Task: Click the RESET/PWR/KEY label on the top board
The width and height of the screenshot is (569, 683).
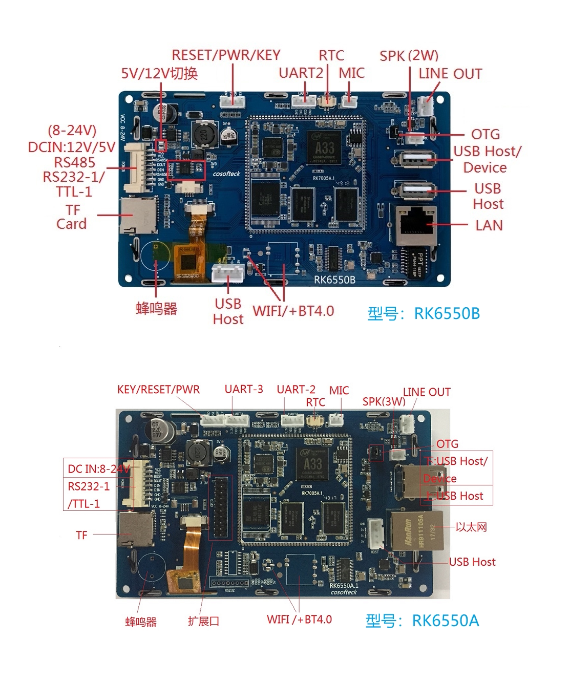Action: [x=226, y=55]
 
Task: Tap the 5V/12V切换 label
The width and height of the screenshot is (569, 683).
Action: [x=159, y=73]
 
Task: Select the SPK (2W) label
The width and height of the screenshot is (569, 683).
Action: [x=409, y=56]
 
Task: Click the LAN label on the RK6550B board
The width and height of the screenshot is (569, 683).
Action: [x=489, y=225]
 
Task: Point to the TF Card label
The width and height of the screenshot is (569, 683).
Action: [x=72, y=217]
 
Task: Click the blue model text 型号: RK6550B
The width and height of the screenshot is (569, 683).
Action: [x=424, y=313]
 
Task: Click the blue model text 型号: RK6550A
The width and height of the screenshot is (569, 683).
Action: [x=422, y=621]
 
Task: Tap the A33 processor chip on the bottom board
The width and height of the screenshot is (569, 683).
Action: [x=312, y=466]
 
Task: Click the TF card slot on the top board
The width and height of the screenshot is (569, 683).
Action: [x=137, y=216]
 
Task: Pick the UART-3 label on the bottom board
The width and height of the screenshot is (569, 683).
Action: [x=244, y=389]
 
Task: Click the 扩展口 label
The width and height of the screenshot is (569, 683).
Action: [x=203, y=621]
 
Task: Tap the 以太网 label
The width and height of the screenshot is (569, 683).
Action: [x=471, y=527]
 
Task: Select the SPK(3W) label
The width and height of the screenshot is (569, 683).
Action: [x=384, y=402]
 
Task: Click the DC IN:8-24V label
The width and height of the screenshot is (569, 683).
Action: [x=98, y=468]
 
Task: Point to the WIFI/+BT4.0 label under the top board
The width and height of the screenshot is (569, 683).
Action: [x=293, y=311]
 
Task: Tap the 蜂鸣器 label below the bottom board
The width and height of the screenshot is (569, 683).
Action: [x=141, y=622]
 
